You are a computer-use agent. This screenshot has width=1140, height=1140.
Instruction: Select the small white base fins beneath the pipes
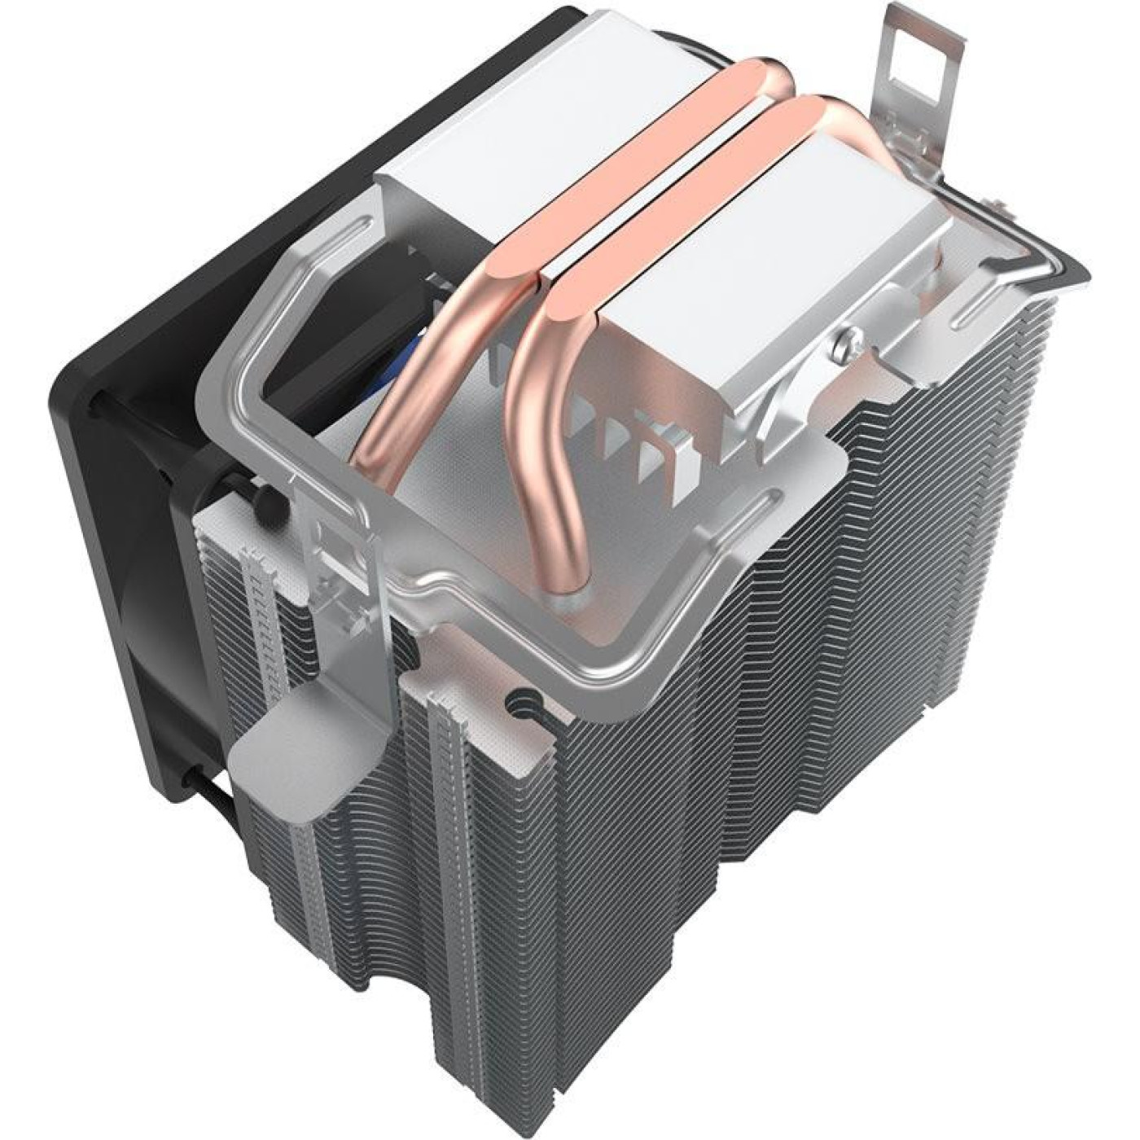(627, 440)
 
